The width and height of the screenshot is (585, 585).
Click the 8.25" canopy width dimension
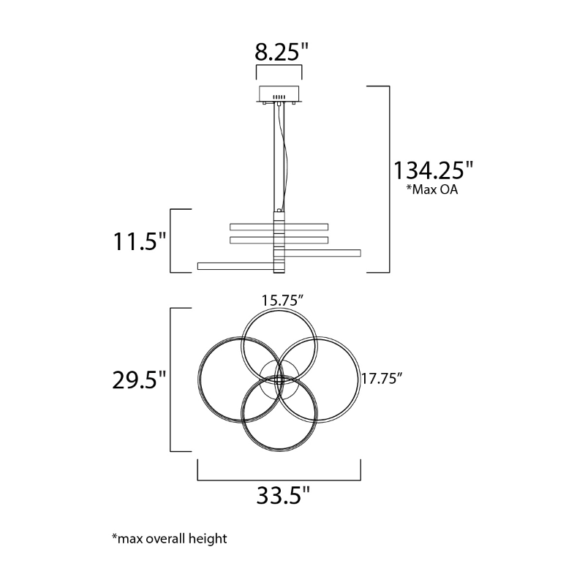(282, 51)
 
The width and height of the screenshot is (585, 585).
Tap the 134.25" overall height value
(433, 170)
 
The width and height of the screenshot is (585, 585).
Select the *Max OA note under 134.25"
(432, 189)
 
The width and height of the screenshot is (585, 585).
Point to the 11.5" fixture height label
(139, 241)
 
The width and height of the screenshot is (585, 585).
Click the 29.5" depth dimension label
(139, 380)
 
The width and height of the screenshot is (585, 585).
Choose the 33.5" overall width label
(283, 496)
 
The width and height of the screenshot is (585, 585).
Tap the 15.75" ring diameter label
(282, 301)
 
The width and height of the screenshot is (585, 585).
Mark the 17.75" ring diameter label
(381, 379)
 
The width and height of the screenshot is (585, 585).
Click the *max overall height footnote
(170, 539)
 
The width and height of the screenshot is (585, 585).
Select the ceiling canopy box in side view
(279, 94)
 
